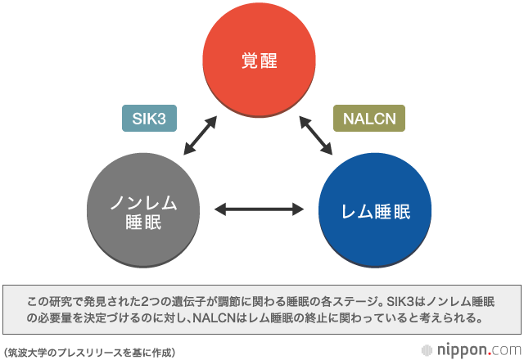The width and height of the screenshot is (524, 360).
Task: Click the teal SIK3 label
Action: click(x=150, y=119)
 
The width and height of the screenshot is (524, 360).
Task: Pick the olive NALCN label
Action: click(x=369, y=119)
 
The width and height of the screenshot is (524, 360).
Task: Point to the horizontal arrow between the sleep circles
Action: click(x=260, y=211)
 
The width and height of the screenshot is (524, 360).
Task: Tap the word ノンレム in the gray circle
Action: click(x=143, y=201)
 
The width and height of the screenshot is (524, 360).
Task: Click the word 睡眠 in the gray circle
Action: click(x=143, y=222)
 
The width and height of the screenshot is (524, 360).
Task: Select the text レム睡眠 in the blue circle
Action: click(x=375, y=212)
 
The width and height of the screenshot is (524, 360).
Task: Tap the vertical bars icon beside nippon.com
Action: click(x=427, y=349)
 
